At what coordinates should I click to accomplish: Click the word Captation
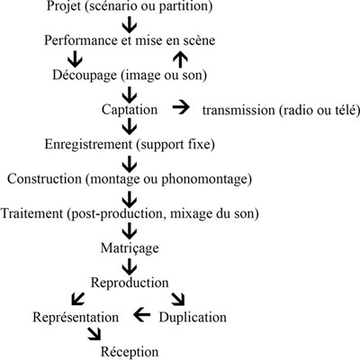tap(130, 109)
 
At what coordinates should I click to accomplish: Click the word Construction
tap(46, 177)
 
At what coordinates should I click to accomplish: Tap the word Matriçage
tap(130, 246)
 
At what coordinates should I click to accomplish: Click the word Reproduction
tap(131, 282)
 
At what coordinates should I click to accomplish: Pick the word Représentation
tap(75, 317)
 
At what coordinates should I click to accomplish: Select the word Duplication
tap(193, 317)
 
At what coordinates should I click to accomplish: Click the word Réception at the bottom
tap(130, 351)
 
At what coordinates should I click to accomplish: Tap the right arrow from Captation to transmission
tap(181, 108)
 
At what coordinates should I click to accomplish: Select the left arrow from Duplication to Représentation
tap(140, 316)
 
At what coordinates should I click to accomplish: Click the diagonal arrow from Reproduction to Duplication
tap(178, 299)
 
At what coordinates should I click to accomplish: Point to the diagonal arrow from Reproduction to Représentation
tap(78, 299)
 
